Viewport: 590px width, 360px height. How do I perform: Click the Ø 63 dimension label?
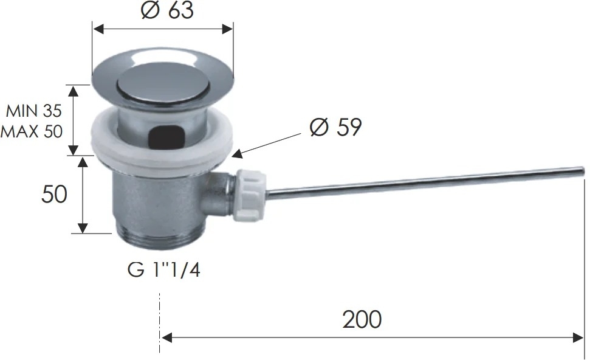(x=168, y=10)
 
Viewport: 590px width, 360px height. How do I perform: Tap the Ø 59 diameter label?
(x=335, y=127)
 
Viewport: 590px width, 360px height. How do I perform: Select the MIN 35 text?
(x=33, y=111)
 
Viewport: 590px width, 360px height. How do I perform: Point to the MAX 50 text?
(x=32, y=131)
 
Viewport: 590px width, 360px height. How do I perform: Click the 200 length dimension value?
(x=362, y=320)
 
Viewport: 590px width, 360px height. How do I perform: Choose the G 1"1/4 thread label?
(x=163, y=269)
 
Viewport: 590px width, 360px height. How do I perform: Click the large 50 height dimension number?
(x=54, y=195)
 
